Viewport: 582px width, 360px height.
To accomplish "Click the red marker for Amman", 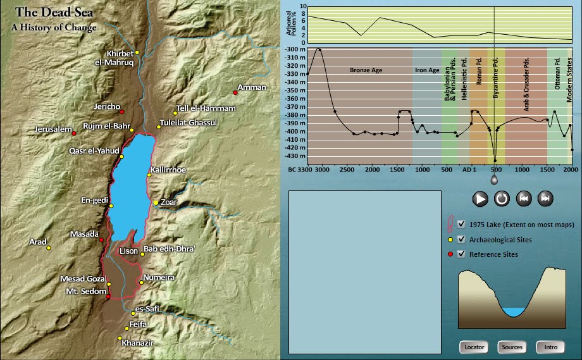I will pos(235,93).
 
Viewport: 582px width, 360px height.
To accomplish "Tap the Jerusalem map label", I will pos(53,129).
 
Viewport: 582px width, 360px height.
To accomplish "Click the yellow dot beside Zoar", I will pos(156,202).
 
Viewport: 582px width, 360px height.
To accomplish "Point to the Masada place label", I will pos(84,234).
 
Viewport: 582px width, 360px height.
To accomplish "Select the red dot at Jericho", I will pos(123,111).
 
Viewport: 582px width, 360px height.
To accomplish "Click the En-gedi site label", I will pos(94,200).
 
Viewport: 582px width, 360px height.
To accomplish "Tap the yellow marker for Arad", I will pos(49,247).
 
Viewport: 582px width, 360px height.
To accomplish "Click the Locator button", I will pos(474,347).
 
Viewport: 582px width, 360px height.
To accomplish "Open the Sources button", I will pos(511,347).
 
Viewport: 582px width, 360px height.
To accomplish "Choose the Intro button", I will pos(550,347).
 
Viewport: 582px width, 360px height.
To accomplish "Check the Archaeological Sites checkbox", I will pos(461,240).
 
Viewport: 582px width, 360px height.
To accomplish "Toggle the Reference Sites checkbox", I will pos(461,254).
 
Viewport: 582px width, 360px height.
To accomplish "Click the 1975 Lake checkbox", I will pos(461,224).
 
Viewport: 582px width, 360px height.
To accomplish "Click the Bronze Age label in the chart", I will pos(366,70).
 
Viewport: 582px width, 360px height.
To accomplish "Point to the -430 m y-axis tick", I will pos(295,156).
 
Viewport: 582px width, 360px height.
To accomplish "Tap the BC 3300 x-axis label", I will pos(300,170).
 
